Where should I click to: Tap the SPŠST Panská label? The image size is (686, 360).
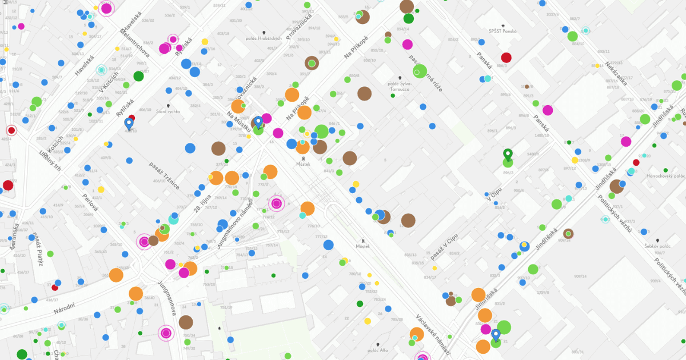[503, 31]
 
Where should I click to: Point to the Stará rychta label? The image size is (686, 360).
[167, 111]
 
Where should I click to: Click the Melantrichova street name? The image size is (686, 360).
[137, 42]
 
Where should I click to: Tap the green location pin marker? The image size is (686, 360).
[507, 154]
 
